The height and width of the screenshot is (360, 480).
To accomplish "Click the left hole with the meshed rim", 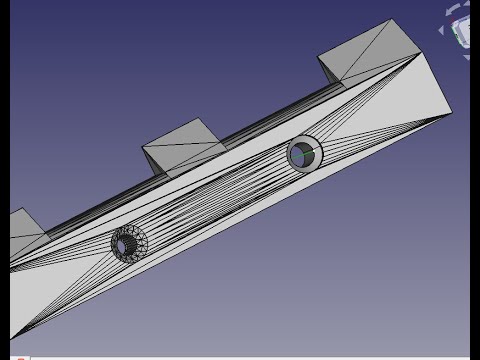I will [129, 241].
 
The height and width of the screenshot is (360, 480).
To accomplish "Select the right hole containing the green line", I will [303, 154].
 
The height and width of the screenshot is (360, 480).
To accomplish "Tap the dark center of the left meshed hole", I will [127, 243].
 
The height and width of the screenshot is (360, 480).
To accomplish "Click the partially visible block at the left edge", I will [24, 236].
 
